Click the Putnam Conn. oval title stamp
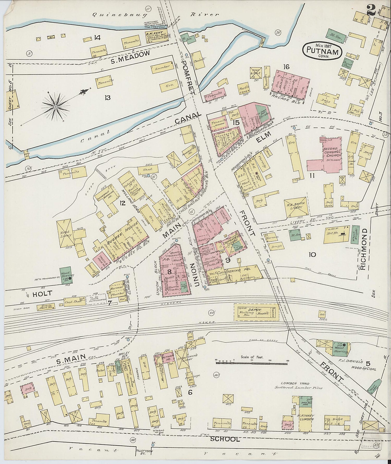point(322,50)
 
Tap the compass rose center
point(56,107)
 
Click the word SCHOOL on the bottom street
point(225,439)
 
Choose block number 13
point(107,98)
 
